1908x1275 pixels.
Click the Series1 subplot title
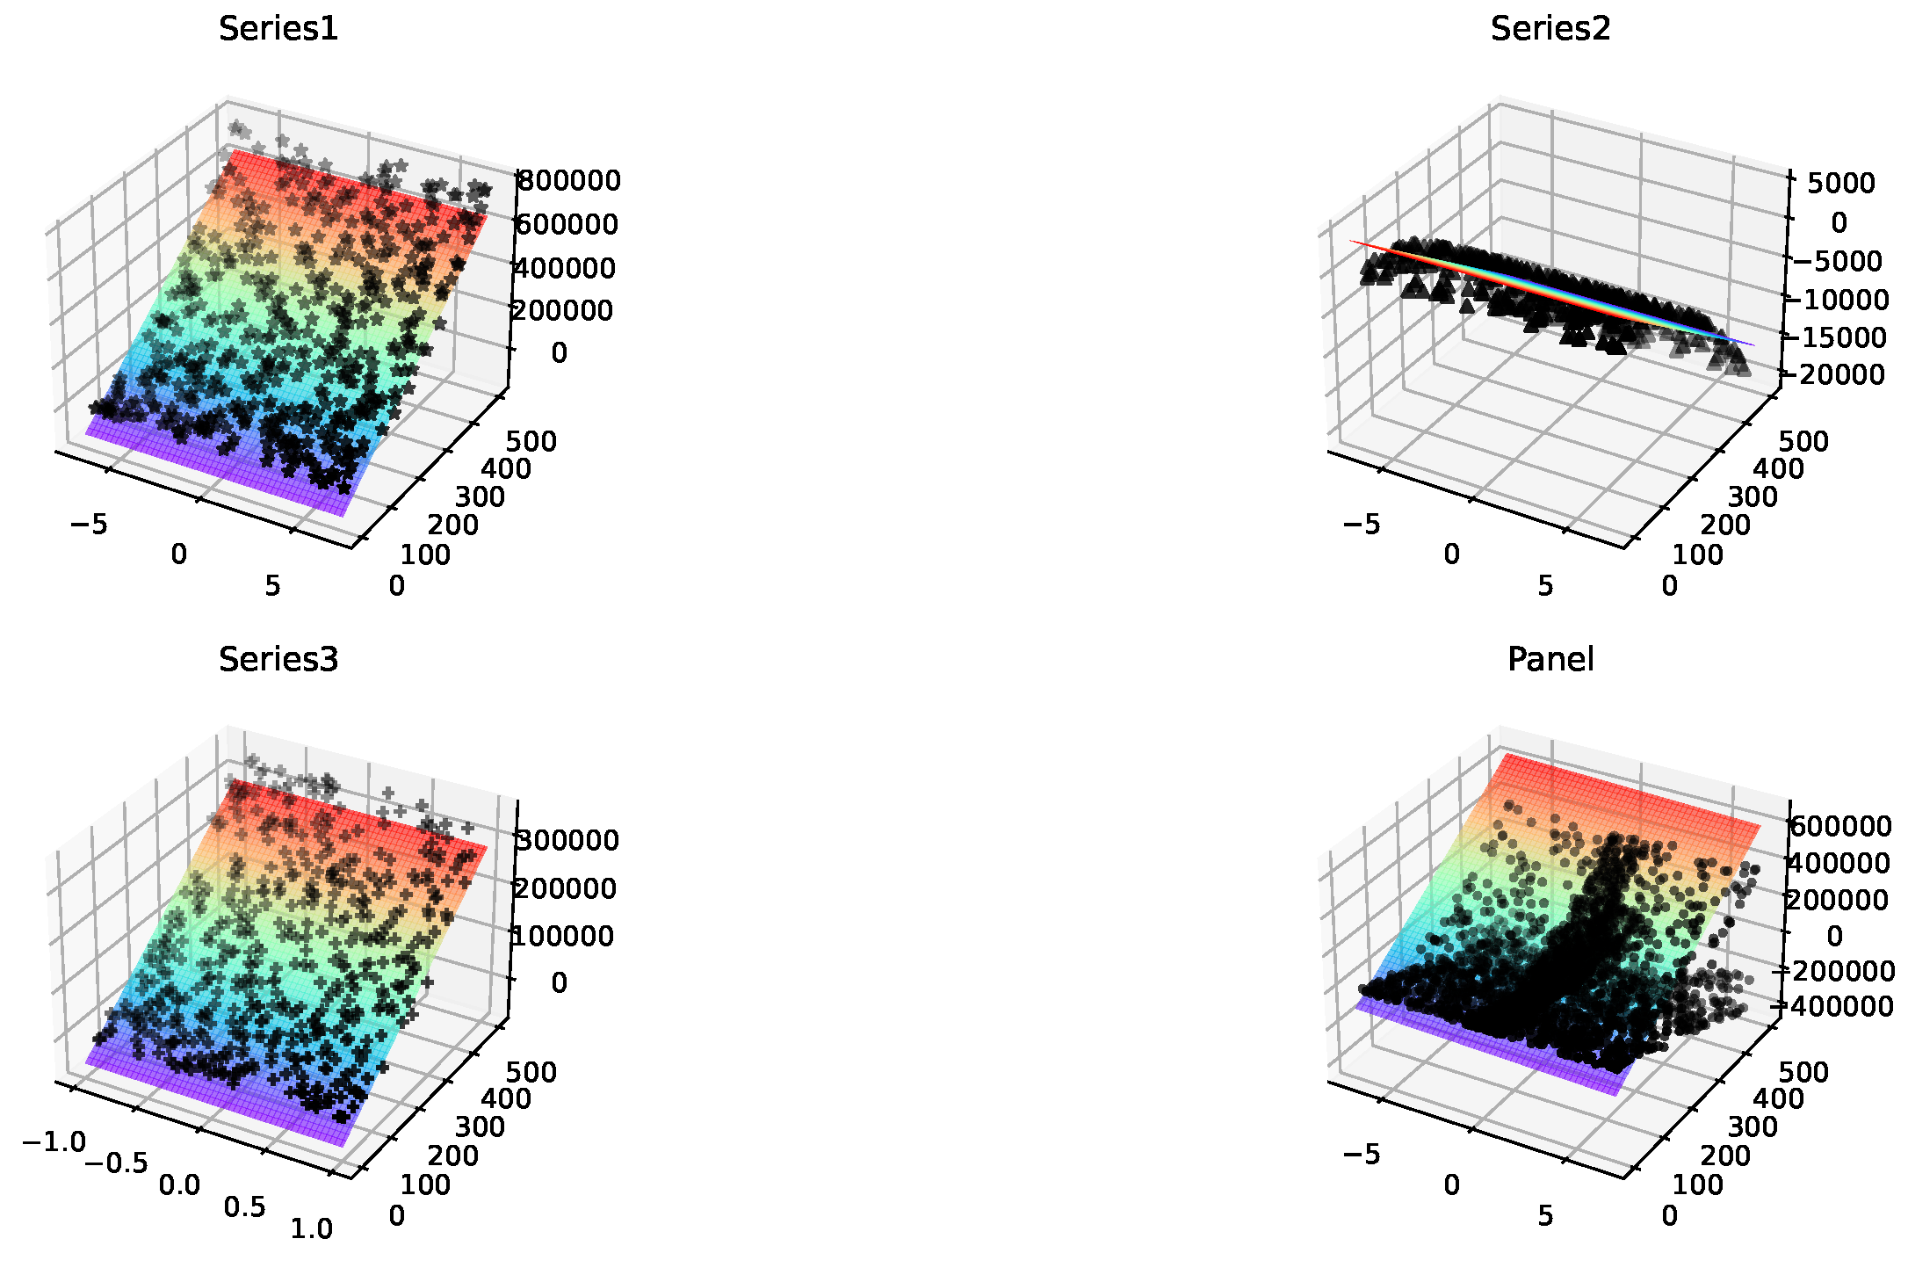pos(278,29)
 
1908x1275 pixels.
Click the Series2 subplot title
pos(1550,29)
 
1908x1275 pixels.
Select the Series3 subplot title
pos(278,659)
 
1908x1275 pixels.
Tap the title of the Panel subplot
pos(1550,659)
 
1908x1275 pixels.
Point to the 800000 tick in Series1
pos(567,181)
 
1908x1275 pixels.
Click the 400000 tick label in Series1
pos(565,267)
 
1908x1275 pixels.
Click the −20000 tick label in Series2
pos(1833,374)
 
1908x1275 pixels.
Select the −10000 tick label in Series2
pos(1834,300)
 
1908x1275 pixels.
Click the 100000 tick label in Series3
pos(564,936)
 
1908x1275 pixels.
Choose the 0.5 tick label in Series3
pos(244,1207)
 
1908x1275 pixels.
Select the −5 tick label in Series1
pos(88,525)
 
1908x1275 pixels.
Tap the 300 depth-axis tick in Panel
pos(1753,1126)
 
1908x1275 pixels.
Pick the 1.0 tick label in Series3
pos(312,1228)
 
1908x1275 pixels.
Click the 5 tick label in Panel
pos(1545,1215)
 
